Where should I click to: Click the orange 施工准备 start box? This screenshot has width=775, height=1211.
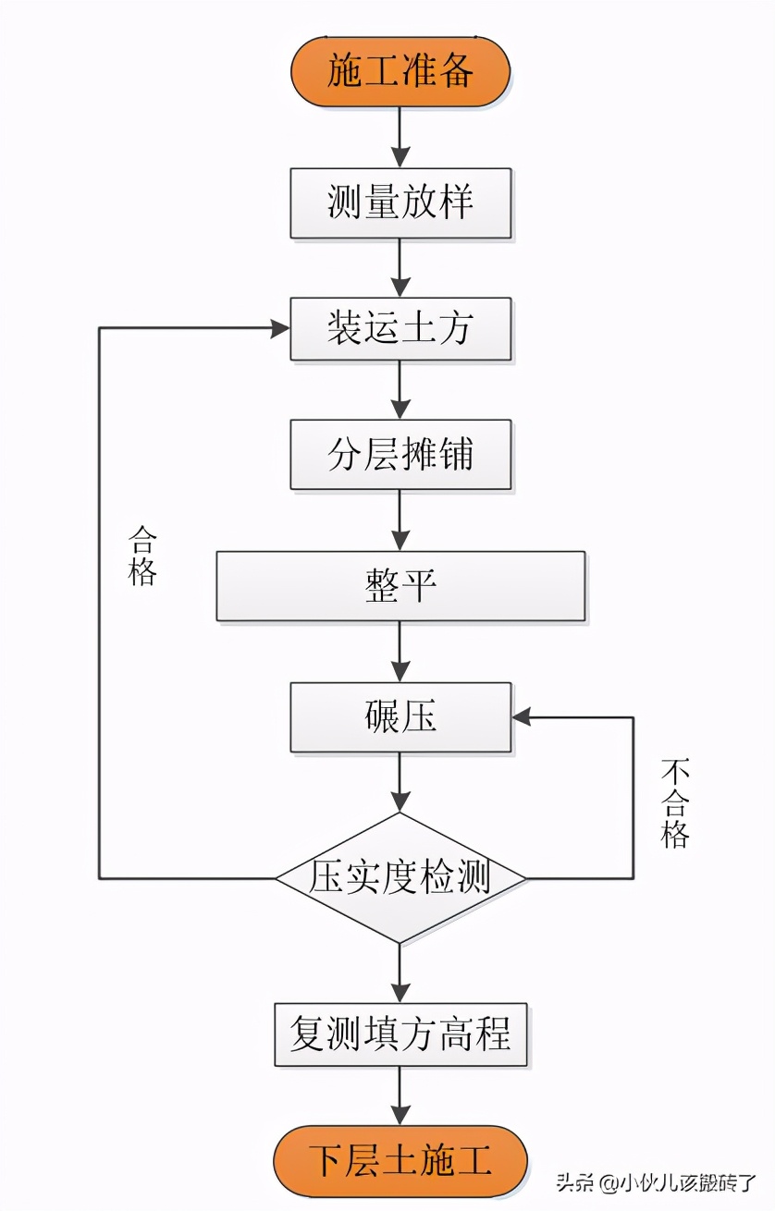400,71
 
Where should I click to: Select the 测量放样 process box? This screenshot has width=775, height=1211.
400,202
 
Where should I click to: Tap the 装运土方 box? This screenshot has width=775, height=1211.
400,328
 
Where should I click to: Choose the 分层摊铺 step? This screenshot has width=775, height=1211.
400,455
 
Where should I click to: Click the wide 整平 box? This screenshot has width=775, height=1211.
400,585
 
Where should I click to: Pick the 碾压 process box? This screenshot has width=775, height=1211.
400,717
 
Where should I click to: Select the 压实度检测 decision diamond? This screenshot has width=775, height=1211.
400,877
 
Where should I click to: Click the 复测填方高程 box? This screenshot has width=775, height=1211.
400,1034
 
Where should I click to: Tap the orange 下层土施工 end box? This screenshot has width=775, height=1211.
400,1160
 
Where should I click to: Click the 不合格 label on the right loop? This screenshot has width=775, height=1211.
675,803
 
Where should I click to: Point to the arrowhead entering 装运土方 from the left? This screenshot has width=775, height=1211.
279,328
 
